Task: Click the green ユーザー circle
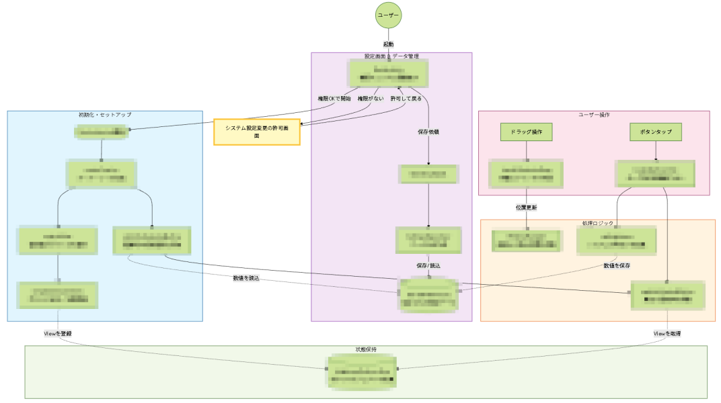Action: [x=389, y=15]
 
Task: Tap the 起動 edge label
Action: [x=389, y=44]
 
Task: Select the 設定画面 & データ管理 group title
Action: [x=391, y=56]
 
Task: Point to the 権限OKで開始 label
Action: [x=334, y=99]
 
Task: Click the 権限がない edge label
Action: [x=371, y=99]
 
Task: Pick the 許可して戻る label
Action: [x=406, y=99]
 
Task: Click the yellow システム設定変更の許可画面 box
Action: [x=257, y=132]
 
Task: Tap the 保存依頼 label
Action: [x=428, y=132]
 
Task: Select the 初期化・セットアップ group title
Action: [x=105, y=115]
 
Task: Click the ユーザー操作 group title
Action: [x=594, y=115]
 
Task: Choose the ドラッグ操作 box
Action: [x=527, y=132]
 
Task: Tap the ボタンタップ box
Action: [x=656, y=132]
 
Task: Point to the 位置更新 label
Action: [x=526, y=208]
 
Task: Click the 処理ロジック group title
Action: [x=597, y=223]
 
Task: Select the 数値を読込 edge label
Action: [x=246, y=277]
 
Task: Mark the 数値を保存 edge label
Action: [x=616, y=265]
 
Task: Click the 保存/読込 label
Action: [x=428, y=266]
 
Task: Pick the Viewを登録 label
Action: [x=59, y=333]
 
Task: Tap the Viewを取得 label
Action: [x=667, y=333]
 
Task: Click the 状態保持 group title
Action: [x=366, y=350]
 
